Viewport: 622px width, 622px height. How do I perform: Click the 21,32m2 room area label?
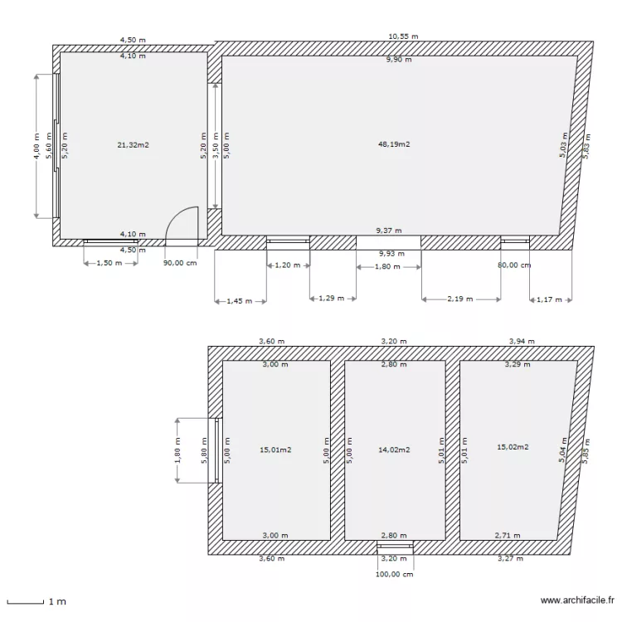click(x=133, y=144)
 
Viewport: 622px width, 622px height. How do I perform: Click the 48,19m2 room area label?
click(x=394, y=144)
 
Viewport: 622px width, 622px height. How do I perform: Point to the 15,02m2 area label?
click(x=513, y=447)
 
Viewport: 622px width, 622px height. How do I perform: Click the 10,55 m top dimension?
click(x=403, y=36)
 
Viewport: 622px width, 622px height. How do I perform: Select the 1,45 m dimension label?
click(x=240, y=302)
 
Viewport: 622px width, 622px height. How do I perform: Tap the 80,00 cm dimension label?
click(x=514, y=265)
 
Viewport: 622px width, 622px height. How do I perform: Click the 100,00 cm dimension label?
click(x=394, y=574)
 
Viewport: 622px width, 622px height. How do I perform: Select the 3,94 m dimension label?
click(x=521, y=341)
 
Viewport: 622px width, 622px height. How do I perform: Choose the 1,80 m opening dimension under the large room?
click(x=387, y=267)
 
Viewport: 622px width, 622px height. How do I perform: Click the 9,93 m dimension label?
click(x=391, y=254)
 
